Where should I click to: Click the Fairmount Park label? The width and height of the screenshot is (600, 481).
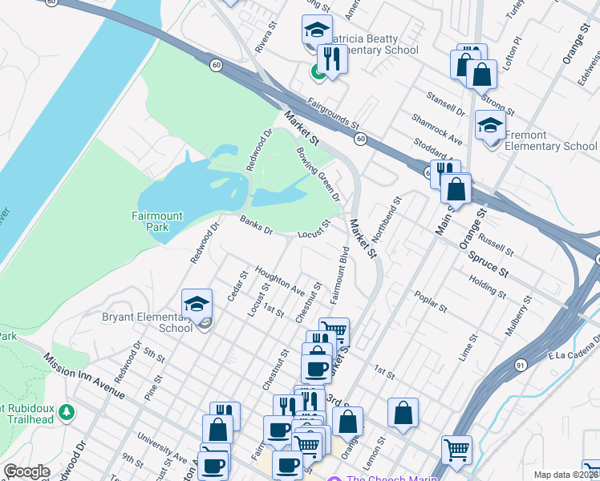[x=157, y=221]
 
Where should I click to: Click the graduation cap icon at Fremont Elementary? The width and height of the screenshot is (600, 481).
[x=489, y=125]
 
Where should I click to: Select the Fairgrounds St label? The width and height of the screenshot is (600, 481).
[x=332, y=115]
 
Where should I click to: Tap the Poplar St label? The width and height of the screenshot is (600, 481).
[x=430, y=304]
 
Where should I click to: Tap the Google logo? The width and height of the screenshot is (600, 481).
[x=26, y=471]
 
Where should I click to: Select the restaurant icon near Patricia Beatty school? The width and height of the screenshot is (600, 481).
[x=330, y=58]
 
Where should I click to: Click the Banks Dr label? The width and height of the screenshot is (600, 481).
[x=257, y=227]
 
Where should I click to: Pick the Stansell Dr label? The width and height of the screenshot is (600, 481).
[x=446, y=103]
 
